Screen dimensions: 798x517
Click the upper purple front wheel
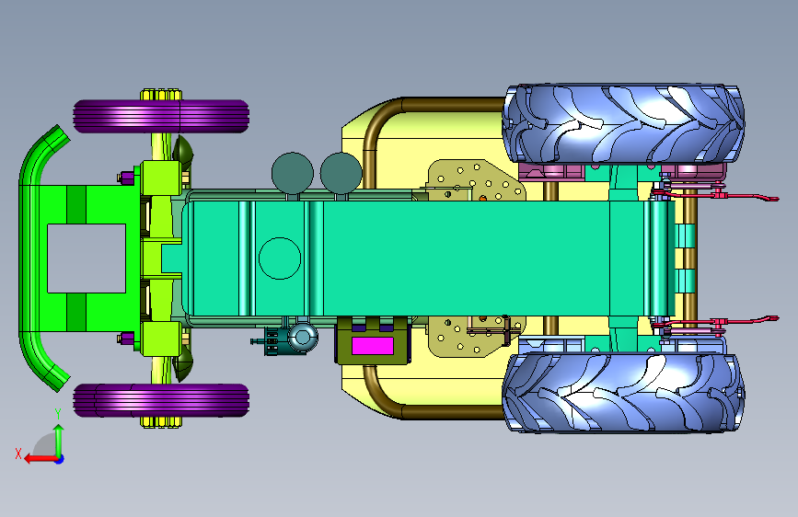point(161,116)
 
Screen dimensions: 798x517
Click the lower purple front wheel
point(161,400)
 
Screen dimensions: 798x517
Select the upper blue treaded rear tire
point(623,123)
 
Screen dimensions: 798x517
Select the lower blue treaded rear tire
point(623,392)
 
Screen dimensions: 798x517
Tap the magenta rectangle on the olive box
point(373,346)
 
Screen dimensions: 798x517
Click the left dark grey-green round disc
point(292,173)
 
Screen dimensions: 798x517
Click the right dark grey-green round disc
point(341,173)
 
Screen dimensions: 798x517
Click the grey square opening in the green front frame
point(87,258)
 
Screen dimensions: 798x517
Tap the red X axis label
point(18,454)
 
